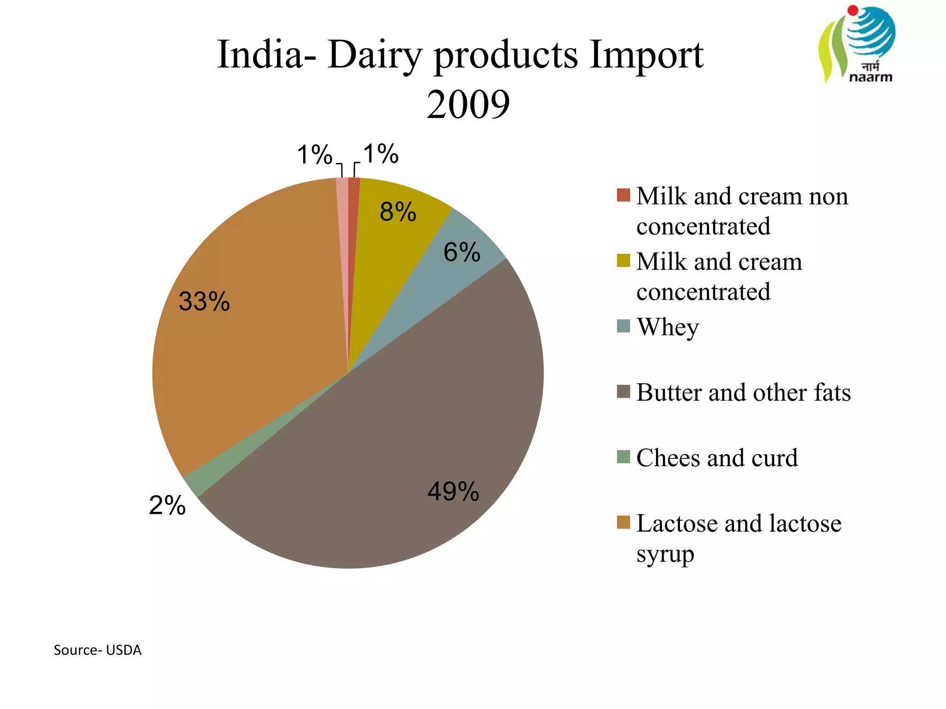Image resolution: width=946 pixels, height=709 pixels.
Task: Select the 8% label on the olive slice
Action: click(x=398, y=212)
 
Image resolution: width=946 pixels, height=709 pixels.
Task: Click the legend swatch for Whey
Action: click(x=623, y=326)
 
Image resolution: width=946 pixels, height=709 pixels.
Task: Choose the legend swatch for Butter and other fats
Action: click(x=623, y=391)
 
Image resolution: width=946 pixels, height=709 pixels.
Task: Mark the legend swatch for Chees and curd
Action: click(x=623, y=457)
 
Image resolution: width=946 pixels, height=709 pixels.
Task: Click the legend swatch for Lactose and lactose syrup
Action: click(x=623, y=523)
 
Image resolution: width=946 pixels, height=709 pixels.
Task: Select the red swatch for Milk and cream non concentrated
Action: click(x=623, y=195)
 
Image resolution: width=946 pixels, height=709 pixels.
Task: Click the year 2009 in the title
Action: click(x=468, y=104)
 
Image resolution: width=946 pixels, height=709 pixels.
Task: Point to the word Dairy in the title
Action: click(x=375, y=55)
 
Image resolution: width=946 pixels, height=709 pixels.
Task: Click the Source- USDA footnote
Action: click(x=97, y=650)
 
